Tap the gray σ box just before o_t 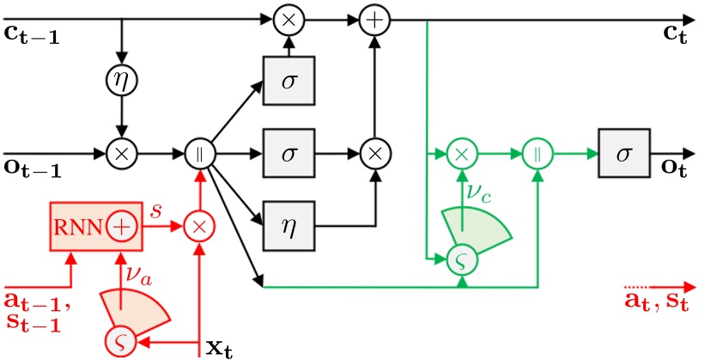point(623,155)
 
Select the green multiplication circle point(461,155)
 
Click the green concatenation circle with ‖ point(536,155)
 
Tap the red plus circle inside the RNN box point(122,227)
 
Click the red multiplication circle point(199,227)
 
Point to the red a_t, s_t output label point(657,303)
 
